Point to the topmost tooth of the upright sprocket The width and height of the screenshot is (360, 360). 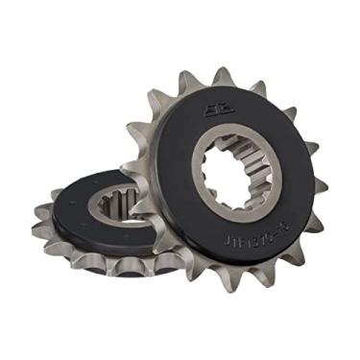[x=222, y=74]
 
